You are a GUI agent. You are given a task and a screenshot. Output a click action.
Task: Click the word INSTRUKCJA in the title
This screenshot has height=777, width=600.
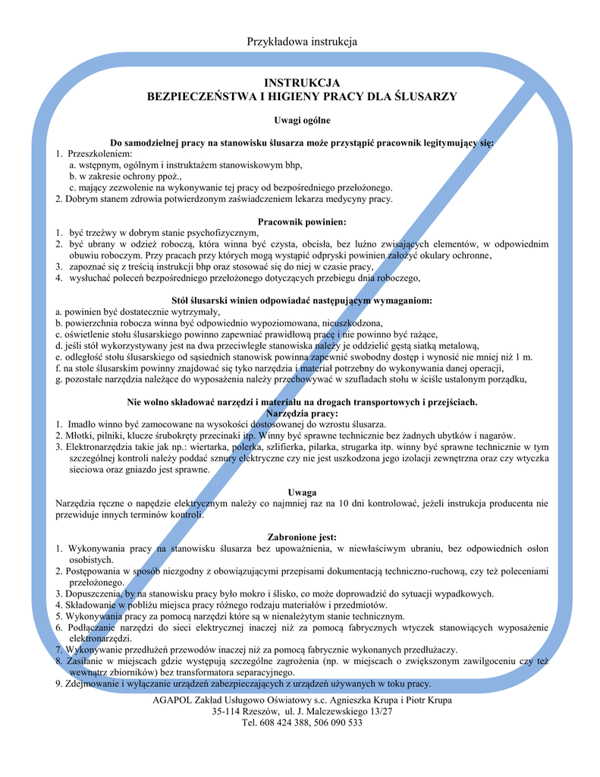(x=302, y=83)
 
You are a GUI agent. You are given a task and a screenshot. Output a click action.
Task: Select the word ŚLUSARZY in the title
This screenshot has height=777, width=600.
(x=427, y=96)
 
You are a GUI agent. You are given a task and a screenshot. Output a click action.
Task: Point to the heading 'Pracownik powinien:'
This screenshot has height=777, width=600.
(x=302, y=222)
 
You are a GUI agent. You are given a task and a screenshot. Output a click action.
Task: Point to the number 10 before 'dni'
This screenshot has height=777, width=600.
(x=344, y=503)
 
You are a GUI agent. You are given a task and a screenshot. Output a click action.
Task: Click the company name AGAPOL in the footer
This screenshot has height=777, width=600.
(x=174, y=699)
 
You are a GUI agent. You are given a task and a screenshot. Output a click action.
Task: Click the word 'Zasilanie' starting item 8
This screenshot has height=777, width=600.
(x=86, y=661)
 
